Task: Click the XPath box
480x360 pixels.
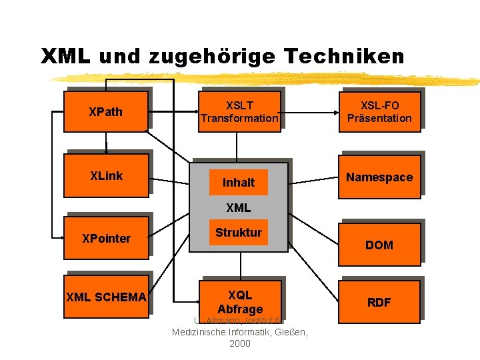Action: [x=106, y=111]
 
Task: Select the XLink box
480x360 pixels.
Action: [x=106, y=176]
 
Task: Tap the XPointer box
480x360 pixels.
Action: [x=106, y=238]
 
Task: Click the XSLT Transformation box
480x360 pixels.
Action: [x=239, y=111]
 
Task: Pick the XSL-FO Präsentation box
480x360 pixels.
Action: [x=379, y=111]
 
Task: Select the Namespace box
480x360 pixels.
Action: [x=379, y=177]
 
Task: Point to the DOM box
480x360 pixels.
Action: [x=379, y=245]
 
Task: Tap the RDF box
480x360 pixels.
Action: [x=379, y=302]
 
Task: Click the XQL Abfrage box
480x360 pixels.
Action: [x=239, y=301]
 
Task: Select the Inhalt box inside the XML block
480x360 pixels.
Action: [x=239, y=182]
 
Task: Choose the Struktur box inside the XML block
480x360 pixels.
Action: [x=239, y=233]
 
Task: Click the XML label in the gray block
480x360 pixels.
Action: [x=239, y=208]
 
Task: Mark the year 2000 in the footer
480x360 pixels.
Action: [x=240, y=343]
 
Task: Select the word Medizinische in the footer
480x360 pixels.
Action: [x=201, y=331]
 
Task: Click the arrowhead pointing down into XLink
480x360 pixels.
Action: [x=106, y=151]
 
